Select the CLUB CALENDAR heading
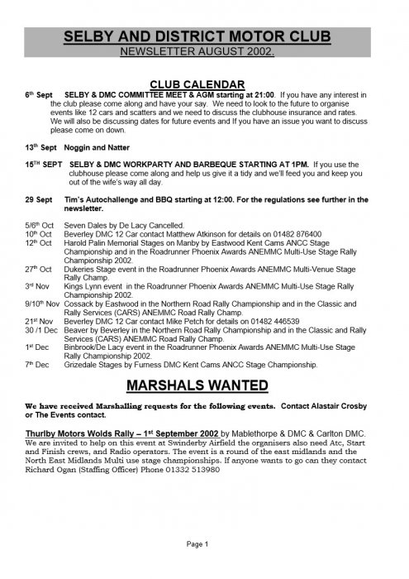[204, 84]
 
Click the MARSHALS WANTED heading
[204, 385]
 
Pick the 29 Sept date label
[38, 199]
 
